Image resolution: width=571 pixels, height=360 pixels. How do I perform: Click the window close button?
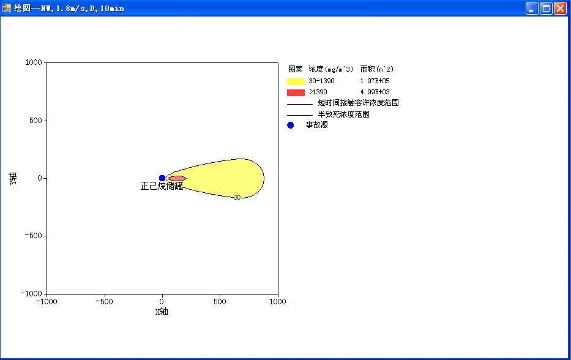(x=560, y=8)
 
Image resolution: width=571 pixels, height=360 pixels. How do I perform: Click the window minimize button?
(x=532, y=8)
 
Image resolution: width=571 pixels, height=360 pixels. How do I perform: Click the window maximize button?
(x=547, y=8)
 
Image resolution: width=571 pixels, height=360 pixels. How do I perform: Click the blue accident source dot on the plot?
(x=162, y=178)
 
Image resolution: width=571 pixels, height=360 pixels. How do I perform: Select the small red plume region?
(x=177, y=179)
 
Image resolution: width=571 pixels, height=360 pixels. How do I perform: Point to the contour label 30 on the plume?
(x=237, y=197)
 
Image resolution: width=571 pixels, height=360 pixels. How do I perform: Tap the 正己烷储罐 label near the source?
(x=162, y=186)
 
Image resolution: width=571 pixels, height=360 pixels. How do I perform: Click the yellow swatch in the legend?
(x=296, y=81)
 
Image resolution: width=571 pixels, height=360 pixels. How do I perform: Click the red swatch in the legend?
(x=296, y=92)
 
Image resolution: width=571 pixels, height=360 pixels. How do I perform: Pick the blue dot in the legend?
(x=290, y=126)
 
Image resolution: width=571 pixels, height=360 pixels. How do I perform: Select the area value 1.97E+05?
(x=375, y=81)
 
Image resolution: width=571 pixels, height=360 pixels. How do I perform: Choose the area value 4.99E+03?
(x=375, y=92)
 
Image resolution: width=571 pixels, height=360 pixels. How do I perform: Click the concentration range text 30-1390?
(x=321, y=81)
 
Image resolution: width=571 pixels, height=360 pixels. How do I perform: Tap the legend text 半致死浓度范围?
(x=344, y=114)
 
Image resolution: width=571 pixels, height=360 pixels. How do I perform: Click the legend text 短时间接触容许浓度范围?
(x=359, y=103)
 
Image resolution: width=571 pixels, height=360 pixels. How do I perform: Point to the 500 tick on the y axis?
(x=35, y=121)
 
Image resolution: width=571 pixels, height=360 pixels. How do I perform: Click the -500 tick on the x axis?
(x=104, y=302)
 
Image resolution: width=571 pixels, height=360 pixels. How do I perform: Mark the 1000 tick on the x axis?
(x=277, y=302)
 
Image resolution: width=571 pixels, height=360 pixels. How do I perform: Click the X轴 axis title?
(x=162, y=312)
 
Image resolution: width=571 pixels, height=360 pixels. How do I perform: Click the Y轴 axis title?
(x=13, y=179)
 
